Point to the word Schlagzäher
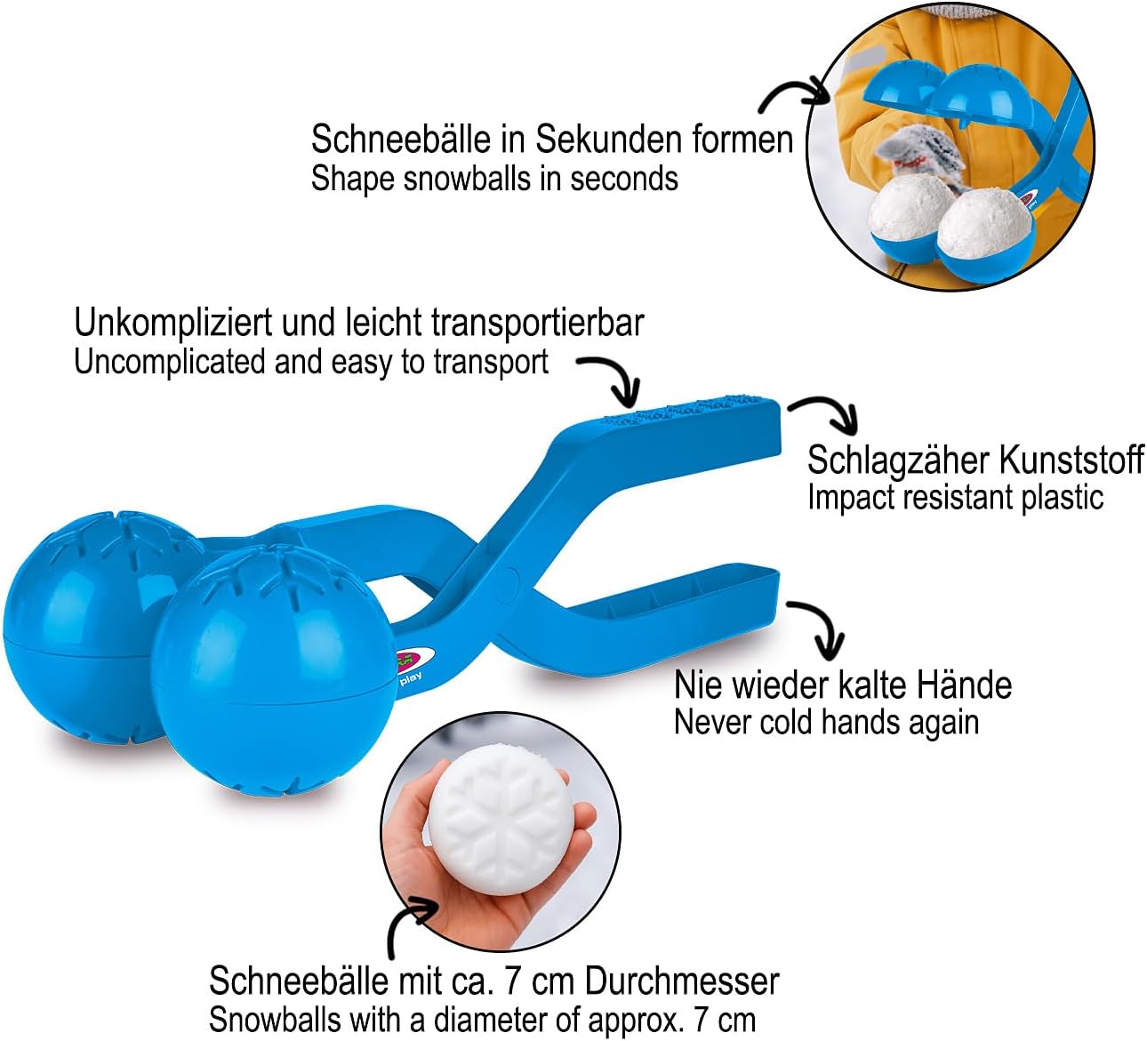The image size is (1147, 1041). pyautogui.click(x=898, y=460)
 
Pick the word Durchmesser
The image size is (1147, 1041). pyautogui.click(x=682, y=981)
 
